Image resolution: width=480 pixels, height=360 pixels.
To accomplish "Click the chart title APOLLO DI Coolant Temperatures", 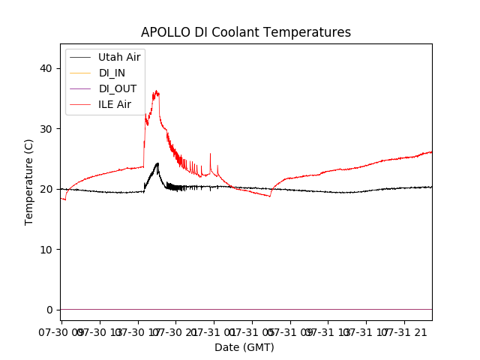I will click(x=246, y=32).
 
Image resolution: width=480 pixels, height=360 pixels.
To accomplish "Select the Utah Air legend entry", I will click(x=119, y=57).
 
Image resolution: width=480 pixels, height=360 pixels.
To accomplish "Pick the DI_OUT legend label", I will click(x=118, y=88).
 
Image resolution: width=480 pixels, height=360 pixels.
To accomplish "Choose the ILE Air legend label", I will click(x=115, y=104).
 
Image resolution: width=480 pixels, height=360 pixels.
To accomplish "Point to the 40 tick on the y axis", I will click(x=46, y=68).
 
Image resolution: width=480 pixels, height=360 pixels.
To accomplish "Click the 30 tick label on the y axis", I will click(x=46, y=129).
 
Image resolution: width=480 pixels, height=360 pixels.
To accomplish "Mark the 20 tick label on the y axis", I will click(x=46, y=189).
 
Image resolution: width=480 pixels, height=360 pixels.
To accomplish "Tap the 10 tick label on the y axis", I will click(x=46, y=250).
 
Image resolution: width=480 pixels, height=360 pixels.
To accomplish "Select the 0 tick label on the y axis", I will click(x=49, y=310).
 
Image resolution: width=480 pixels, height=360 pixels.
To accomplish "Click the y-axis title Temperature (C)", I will click(x=29, y=181).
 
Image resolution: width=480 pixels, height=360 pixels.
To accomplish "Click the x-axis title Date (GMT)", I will click(x=244, y=347).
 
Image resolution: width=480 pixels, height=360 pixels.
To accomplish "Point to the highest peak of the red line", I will click(x=156, y=91).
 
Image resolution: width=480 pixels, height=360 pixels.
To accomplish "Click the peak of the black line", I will click(x=157, y=163).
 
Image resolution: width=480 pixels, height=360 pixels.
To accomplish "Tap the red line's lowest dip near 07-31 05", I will click(x=270, y=196).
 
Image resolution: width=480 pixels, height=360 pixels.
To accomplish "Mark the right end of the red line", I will click(x=431, y=152).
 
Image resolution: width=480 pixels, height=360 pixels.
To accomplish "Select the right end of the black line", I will click(x=431, y=187).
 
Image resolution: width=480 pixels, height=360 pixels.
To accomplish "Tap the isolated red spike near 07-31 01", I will click(x=210, y=154).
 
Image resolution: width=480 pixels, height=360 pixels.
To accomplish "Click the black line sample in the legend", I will click(x=79, y=57).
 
